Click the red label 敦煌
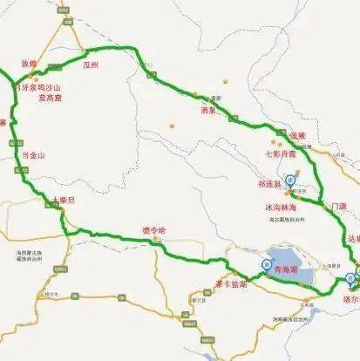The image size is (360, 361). [29, 64]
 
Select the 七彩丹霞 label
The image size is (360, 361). [287, 153]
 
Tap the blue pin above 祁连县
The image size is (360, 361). [292, 171]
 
